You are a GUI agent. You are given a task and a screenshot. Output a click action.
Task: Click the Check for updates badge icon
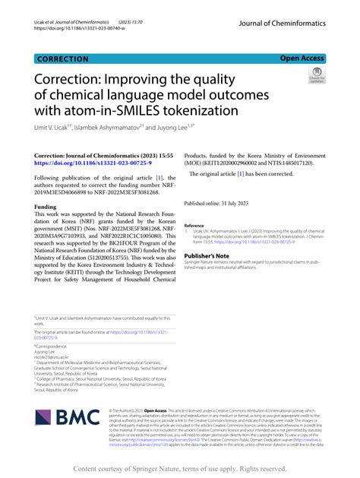[315, 74]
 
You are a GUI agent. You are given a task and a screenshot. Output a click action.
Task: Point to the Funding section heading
[49, 206]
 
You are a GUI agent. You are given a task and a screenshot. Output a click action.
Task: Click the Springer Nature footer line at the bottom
[180, 469]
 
